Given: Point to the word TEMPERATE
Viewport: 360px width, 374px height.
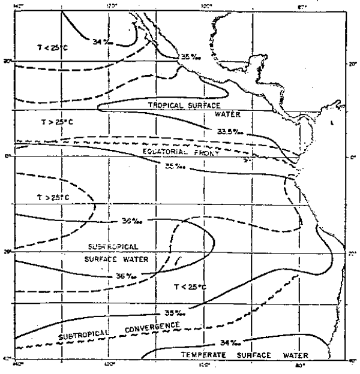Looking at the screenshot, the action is coord(203,355).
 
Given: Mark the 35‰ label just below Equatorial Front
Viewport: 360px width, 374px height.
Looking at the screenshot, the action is coord(174,166).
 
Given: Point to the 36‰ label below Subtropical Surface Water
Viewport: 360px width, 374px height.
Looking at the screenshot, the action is coord(130,277).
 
